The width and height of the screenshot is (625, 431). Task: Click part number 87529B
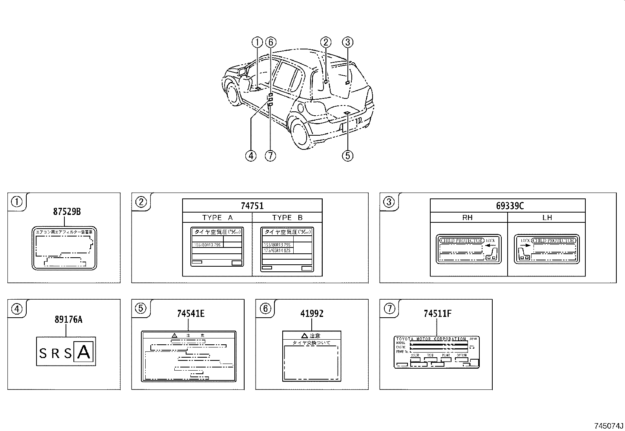click(x=67, y=212)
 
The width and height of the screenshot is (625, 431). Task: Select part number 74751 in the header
click(x=252, y=205)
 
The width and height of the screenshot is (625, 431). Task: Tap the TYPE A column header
click(x=217, y=218)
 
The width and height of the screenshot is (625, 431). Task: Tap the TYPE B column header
click(x=287, y=218)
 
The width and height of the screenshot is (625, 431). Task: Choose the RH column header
click(x=467, y=218)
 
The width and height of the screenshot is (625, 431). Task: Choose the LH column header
click(x=547, y=218)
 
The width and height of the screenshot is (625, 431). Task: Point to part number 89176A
click(x=68, y=320)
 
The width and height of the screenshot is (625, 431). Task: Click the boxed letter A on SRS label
click(x=84, y=353)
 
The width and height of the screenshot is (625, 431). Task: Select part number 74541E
click(x=190, y=313)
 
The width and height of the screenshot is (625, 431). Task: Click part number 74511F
click(x=437, y=313)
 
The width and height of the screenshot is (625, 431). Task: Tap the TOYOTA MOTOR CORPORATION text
click(x=431, y=339)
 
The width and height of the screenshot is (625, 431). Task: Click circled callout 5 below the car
click(x=347, y=156)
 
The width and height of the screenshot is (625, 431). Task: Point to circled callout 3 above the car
click(x=347, y=42)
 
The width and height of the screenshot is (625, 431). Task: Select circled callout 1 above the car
click(x=257, y=42)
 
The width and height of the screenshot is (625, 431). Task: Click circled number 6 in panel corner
click(x=265, y=309)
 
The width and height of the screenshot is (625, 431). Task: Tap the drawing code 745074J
click(x=608, y=426)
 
